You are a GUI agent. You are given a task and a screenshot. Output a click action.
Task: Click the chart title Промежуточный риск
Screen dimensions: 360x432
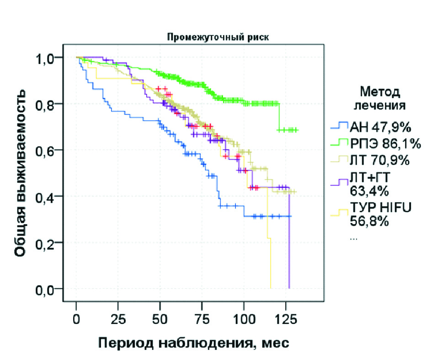193,37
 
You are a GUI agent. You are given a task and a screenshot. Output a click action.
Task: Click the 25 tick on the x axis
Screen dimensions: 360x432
118,318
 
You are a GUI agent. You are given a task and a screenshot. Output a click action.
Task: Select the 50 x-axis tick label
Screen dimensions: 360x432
160,318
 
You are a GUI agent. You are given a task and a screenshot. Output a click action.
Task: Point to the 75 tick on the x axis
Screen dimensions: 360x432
202,318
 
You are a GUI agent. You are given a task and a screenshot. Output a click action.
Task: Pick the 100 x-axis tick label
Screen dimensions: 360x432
244,318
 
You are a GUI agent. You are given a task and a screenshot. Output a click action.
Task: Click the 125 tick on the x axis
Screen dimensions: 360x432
285,318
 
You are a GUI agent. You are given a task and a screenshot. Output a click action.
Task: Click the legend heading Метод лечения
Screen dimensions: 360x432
380,98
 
